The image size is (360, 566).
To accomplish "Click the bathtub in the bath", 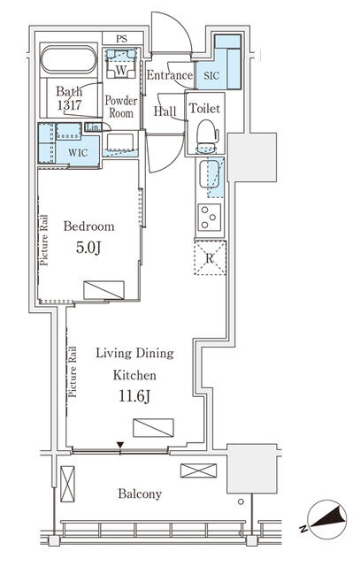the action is pyautogui.click(x=69, y=60).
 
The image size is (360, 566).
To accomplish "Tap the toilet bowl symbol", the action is pyautogui.click(x=208, y=136).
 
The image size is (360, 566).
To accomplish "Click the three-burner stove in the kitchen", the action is pyautogui.click(x=209, y=218).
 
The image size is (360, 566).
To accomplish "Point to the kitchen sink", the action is pyautogui.click(x=209, y=174).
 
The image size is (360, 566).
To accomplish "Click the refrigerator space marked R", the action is pyautogui.click(x=210, y=257).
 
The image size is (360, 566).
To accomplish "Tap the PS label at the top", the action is pyautogui.click(x=122, y=39).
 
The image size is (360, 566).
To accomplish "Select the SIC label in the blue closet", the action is pyautogui.click(x=211, y=76).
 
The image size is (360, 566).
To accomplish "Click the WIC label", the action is pyautogui.click(x=78, y=152).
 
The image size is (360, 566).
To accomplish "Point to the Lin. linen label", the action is pyautogui.click(x=93, y=127).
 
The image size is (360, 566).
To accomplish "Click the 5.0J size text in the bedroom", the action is pyautogui.click(x=88, y=248).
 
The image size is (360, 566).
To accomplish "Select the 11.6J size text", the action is pyautogui.click(x=134, y=396).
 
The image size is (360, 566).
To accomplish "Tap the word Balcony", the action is pyautogui.click(x=140, y=493).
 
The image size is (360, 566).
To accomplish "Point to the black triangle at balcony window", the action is pyautogui.click(x=120, y=445).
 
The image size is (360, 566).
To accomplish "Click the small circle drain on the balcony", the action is pyautogui.click(x=241, y=501).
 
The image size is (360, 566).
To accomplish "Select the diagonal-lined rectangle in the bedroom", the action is pyautogui.click(x=103, y=290).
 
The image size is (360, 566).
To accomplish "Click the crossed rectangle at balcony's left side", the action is pyautogui.click(x=67, y=484).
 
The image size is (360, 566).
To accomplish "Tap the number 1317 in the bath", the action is pyautogui.click(x=69, y=105).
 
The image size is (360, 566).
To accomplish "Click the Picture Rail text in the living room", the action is pyautogui.click(x=73, y=371).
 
